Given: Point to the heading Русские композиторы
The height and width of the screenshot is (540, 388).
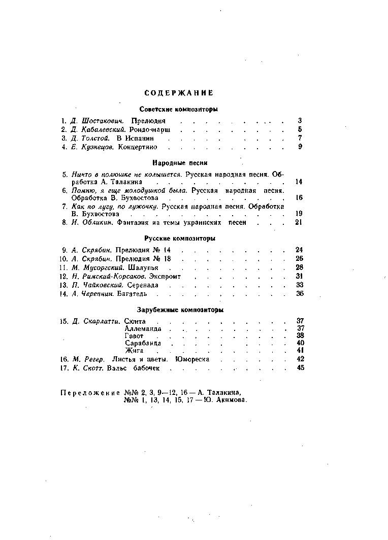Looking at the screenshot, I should click(179, 238).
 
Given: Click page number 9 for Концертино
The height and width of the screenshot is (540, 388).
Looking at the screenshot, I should click(300, 147).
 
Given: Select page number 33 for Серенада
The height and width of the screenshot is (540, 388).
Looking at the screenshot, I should click(300, 285).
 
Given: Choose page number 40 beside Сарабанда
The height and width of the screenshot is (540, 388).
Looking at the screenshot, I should click(300, 343).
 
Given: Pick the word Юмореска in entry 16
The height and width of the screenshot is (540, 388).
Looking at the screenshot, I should click(192, 359).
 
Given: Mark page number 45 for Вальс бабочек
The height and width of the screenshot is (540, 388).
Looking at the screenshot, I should click(300, 368).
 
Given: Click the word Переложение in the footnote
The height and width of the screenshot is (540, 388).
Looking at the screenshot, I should click(90, 393).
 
